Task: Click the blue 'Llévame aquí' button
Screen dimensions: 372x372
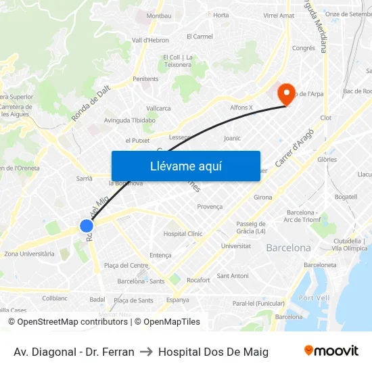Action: pos(185,166)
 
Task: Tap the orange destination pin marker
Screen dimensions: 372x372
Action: pos(287,94)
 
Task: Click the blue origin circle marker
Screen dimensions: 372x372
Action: pos(87,226)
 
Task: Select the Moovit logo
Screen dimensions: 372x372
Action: pos(331,351)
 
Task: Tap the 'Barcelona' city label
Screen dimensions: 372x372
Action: pos(288,248)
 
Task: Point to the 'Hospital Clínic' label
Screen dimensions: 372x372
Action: pos(183,234)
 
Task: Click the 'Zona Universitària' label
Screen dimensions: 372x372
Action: pos(29,254)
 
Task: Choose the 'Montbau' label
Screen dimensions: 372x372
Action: pos(159,16)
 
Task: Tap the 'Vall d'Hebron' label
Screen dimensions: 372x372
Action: pos(150,40)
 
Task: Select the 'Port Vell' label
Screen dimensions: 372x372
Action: pos(314,298)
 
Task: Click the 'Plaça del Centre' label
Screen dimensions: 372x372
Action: pos(126,265)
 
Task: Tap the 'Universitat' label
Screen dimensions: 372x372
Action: pos(235,246)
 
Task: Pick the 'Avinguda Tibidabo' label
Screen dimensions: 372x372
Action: pos(130,120)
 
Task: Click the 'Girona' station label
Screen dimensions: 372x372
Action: pos(262,197)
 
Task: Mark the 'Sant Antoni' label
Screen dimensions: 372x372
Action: pos(232,276)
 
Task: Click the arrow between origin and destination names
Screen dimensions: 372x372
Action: pos(146,352)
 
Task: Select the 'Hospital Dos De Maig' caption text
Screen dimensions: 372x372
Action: pos(213,352)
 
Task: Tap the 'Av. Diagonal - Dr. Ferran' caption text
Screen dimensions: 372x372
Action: pos(74,352)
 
